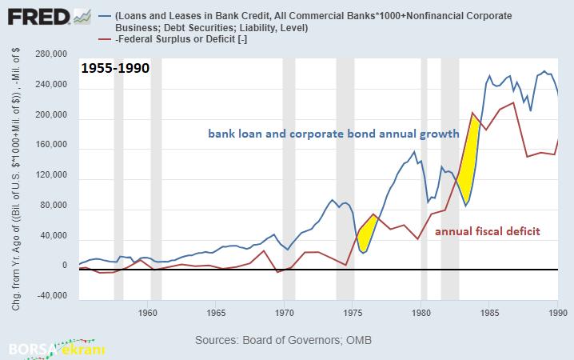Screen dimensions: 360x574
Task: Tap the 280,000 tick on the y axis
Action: (x=50, y=54)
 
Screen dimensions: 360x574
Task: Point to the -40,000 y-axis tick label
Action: (x=52, y=296)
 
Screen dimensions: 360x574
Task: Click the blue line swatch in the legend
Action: (x=103, y=15)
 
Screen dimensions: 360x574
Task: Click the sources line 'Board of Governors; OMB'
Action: (x=284, y=340)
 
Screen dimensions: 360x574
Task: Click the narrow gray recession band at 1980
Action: (x=425, y=176)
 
